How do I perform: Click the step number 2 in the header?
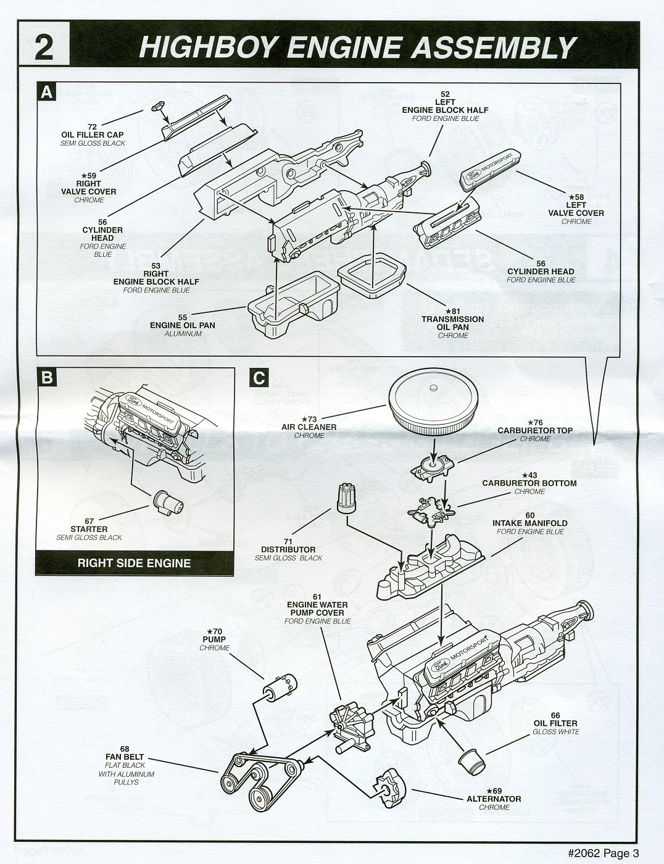point(44,47)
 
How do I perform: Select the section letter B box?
point(47,376)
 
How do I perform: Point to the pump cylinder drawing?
point(278,686)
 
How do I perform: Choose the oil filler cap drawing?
point(157,106)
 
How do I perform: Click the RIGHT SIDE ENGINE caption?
point(134,563)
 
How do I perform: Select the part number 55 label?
point(183,317)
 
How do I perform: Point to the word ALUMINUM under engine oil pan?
point(183,334)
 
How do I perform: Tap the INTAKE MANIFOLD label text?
point(530,523)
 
